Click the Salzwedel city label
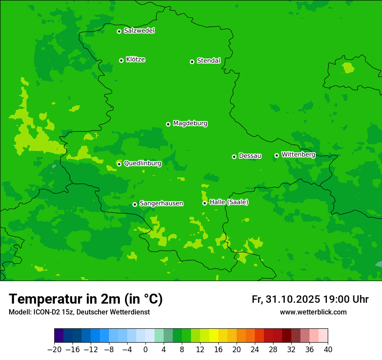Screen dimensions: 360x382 (x=139, y=31)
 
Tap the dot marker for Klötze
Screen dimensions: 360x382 (x=121, y=60)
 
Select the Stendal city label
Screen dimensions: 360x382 (x=208, y=61)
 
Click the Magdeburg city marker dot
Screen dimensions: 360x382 (x=168, y=124)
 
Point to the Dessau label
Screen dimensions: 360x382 (x=250, y=156)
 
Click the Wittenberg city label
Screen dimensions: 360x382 (x=298, y=154)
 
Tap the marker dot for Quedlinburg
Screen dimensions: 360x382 (x=119, y=164)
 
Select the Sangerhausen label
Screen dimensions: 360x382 (x=161, y=203)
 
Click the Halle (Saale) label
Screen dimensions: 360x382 (x=229, y=202)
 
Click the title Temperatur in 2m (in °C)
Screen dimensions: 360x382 (x=86, y=299)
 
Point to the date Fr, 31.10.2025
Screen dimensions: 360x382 (x=286, y=299)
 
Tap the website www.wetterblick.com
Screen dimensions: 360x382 (x=313, y=312)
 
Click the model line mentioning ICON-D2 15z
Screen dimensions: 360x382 (x=79, y=312)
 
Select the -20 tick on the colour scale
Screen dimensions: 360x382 (x=54, y=350)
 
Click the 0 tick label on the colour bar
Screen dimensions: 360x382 (x=145, y=350)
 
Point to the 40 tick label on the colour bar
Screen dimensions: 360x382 (x=328, y=350)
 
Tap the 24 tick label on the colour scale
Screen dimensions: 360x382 (x=255, y=350)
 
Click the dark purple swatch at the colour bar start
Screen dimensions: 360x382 (x=59, y=336)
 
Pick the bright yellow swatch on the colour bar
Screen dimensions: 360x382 (x=214, y=336)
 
